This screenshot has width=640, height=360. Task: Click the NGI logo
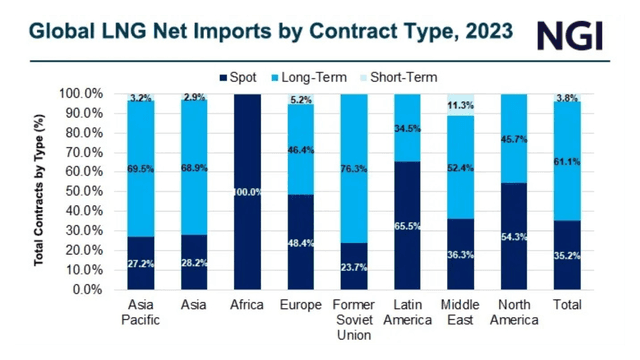point(582,35)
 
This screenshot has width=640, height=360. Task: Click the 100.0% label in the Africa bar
point(248,191)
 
